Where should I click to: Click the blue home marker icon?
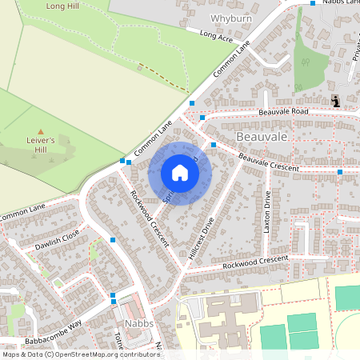click(x=180, y=173)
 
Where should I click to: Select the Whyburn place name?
click(x=230, y=18)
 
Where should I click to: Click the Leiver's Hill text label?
click(x=39, y=143)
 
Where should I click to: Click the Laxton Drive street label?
click(x=267, y=213)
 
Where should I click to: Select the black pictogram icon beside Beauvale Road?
click(x=335, y=101)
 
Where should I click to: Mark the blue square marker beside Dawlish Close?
click(x=113, y=239)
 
